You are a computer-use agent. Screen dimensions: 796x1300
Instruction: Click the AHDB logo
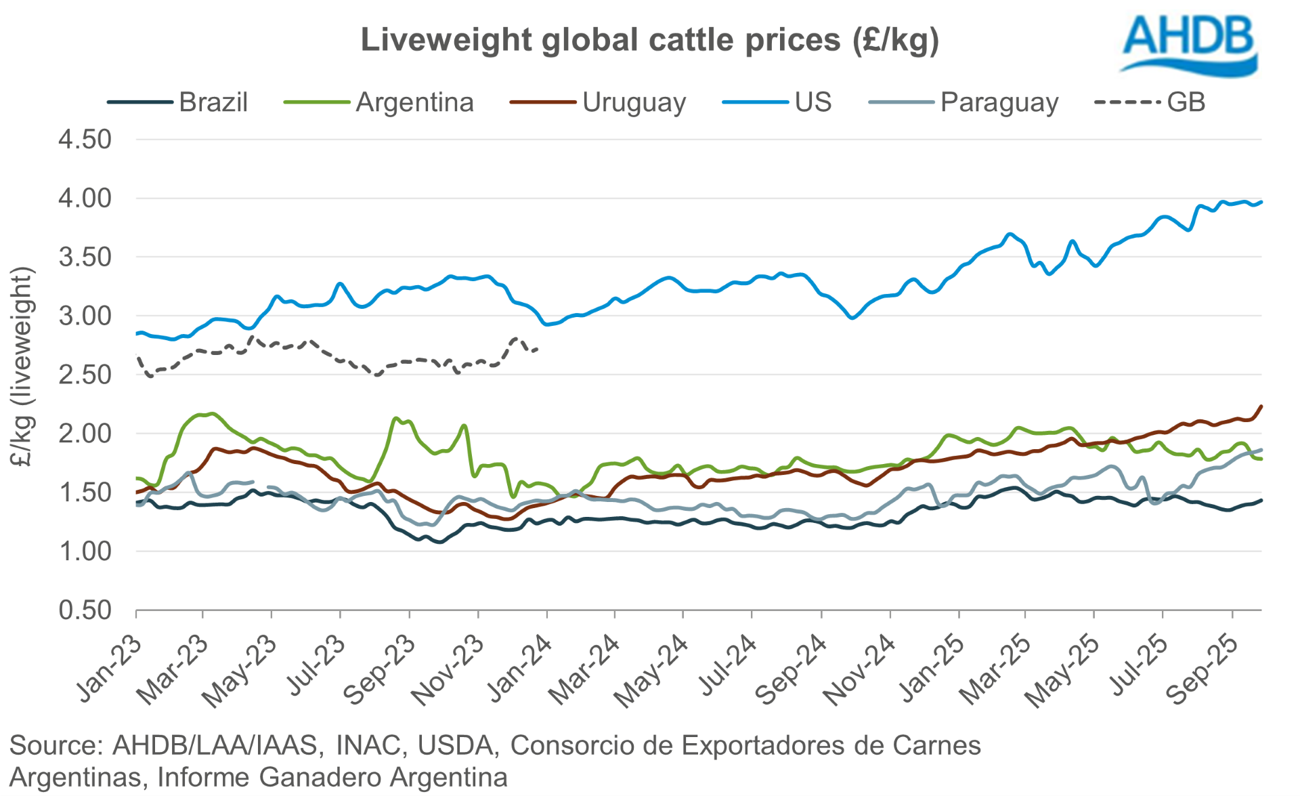(1189, 44)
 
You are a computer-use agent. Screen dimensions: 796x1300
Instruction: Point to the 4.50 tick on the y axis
(85, 140)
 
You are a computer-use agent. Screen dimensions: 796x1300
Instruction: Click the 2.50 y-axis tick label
(85, 375)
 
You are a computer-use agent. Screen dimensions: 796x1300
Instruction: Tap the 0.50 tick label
(85, 610)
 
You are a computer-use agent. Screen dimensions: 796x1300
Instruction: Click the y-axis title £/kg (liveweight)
(22, 366)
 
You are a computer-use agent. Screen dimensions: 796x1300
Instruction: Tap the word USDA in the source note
(454, 745)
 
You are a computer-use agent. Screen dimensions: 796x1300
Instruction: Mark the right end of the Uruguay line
(1261, 406)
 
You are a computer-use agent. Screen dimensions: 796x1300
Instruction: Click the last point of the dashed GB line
(537, 349)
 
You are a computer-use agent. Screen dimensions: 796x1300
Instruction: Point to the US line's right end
(1261, 202)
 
